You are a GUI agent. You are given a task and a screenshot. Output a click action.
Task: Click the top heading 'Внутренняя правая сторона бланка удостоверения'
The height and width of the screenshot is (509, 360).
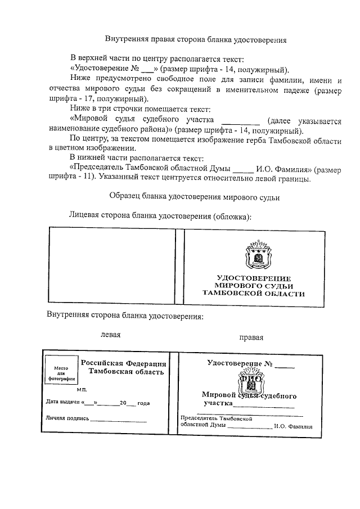pos(196,40)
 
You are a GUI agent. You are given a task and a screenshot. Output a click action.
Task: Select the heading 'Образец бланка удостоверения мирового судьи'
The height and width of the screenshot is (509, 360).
pos(193,197)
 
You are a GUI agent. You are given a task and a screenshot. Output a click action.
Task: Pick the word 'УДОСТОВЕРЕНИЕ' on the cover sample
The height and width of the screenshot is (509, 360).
pos(254,278)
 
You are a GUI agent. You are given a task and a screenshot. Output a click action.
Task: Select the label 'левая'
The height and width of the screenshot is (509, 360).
pos(111,334)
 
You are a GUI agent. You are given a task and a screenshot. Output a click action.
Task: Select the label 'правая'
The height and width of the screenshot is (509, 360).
pos(251,337)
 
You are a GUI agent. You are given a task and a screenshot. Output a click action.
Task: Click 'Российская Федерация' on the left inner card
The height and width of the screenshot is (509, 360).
pos(123,363)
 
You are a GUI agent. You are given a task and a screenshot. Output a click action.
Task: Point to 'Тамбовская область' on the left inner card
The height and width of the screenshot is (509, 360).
pos(123,372)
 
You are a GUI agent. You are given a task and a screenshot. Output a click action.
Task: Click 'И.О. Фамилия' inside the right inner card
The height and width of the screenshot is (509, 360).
pos(293,426)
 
